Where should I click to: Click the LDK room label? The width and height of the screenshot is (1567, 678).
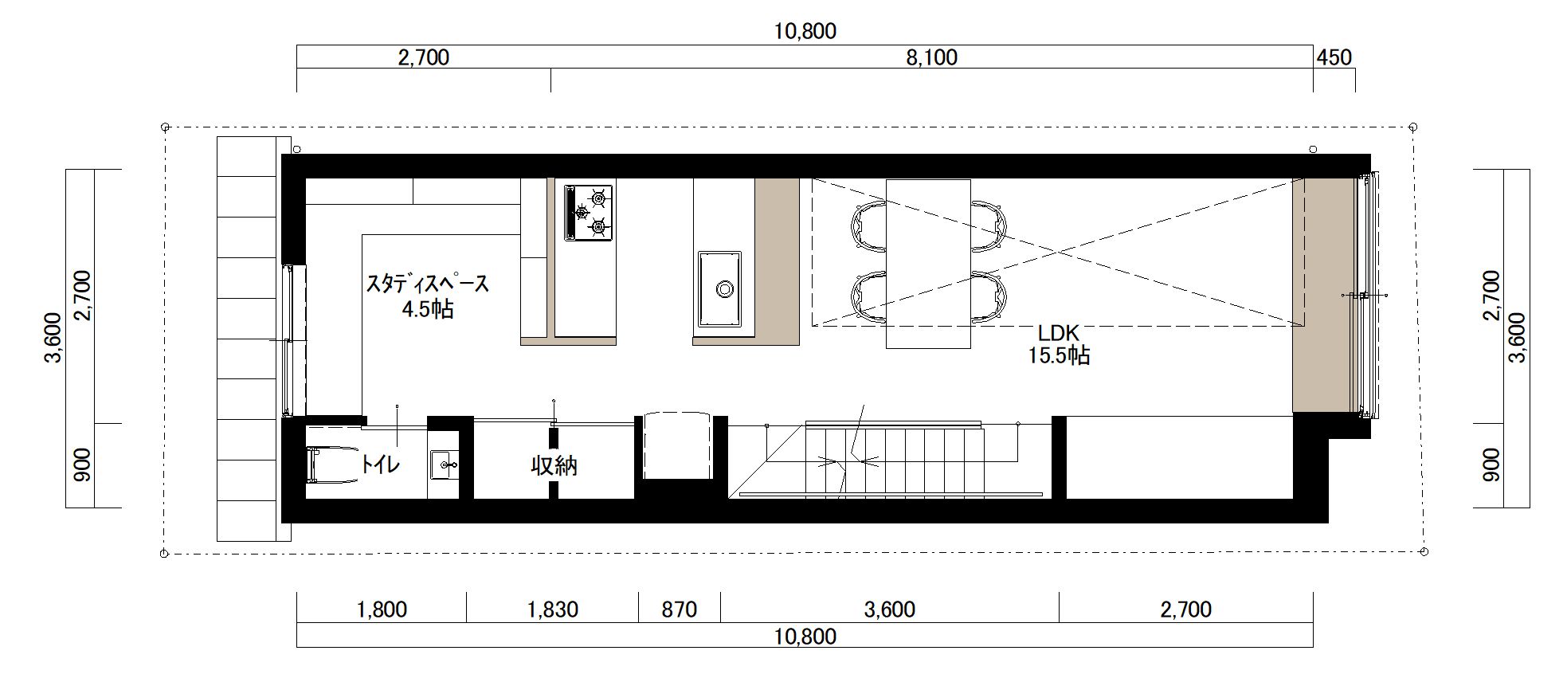tap(1058, 331)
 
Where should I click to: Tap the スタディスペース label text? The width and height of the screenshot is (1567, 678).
tap(427, 284)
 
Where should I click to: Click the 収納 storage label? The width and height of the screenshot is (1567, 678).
tap(554, 465)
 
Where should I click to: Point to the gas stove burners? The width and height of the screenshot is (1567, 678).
tap(589, 212)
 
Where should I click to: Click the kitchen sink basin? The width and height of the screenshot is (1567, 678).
tap(720, 288)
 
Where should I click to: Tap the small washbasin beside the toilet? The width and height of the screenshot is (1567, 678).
tap(443, 465)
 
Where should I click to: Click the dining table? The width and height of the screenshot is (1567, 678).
tap(928, 264)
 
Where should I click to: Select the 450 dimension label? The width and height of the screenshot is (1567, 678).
tap(1334, 57)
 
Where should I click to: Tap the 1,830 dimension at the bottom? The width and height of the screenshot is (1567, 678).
tap(552, 609)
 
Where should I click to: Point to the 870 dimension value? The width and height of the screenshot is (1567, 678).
tap(680, 609)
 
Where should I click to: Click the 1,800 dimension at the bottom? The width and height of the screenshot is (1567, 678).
tap(382, 609)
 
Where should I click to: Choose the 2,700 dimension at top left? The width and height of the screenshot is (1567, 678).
tap(423, 57)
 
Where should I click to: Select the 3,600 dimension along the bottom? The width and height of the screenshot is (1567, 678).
tap(889, 609)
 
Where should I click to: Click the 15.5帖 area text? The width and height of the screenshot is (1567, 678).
tap(1058, 355)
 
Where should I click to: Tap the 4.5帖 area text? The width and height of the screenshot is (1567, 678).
tap(428, 309)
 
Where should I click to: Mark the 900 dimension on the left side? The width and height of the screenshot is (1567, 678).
tap(82, 465)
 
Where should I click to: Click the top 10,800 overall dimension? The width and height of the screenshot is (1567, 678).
tap(805, 31)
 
